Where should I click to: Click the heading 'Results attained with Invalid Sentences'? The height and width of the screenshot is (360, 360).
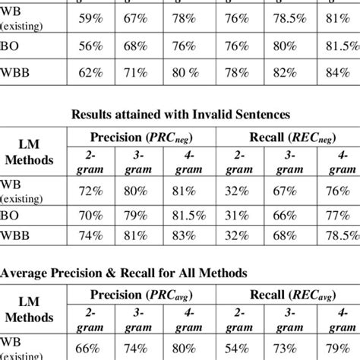(180, 115)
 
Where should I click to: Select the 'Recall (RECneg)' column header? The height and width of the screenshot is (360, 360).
(287, 137)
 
